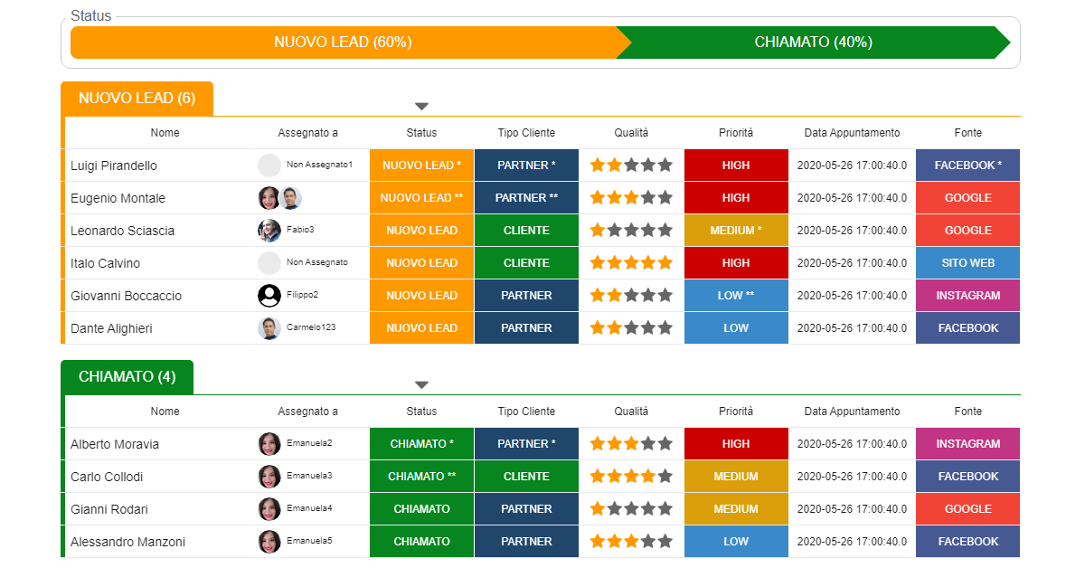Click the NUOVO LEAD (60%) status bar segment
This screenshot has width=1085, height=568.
pos(344,43)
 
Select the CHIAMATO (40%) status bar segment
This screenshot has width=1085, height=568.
pos(813,43)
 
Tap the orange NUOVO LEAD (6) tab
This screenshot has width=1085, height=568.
pos(137,99)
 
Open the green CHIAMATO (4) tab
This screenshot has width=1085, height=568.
pos(127,377)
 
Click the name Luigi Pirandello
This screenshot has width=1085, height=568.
pos(114,166)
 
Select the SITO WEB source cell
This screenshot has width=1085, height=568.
pos(967,263)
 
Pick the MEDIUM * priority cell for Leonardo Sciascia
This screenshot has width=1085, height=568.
pos(736,231)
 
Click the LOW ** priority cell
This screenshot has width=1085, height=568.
pos(736,296)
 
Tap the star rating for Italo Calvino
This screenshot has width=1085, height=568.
pos(631,263)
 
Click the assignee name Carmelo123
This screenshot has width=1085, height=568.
pos(311,327)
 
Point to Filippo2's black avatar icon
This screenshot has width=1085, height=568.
pos(269,296)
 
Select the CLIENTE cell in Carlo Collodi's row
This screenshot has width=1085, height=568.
pos(526,477)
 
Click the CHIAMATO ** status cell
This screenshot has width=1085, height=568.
pos(421,477)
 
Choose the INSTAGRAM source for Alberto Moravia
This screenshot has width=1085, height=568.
pos(967,444)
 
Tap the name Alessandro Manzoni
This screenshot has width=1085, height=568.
pos(127,542)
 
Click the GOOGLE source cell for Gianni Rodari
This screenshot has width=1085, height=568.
pos(967,509)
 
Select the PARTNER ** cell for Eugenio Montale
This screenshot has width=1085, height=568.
pos(526,198)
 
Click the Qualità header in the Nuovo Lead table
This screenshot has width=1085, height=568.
pos(631,133)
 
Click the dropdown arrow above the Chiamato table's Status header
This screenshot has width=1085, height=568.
pos(421,385)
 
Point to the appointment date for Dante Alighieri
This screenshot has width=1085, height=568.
pos(852,328)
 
